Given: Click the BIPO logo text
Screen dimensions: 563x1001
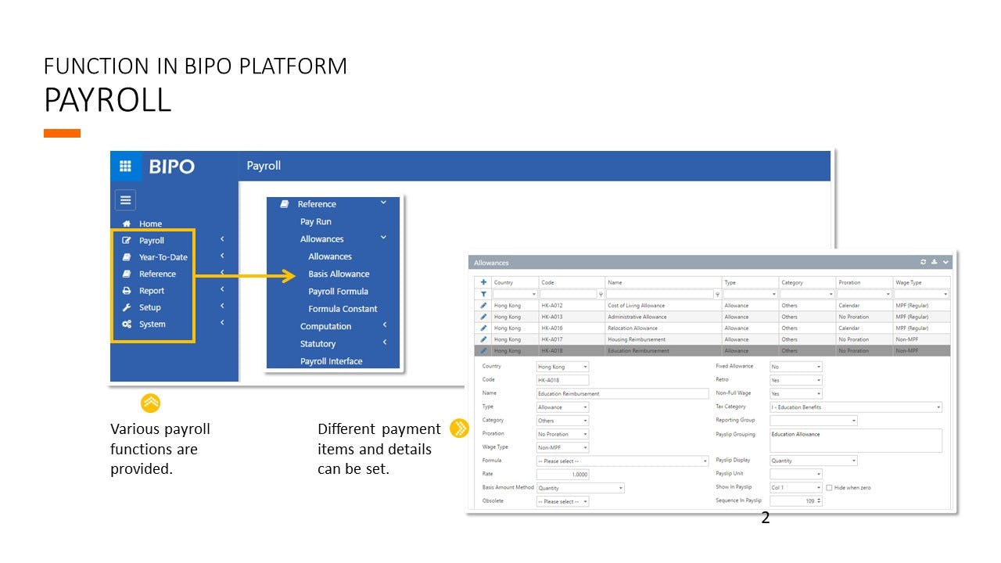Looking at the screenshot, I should [171, 167].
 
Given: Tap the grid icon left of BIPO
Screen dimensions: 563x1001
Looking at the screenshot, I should [125, 167].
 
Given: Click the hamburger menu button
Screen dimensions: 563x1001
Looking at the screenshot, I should [125, 199].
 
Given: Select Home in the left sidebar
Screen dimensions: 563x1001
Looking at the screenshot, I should [150, 224].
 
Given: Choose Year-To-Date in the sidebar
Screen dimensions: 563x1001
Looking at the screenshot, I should [163, 257].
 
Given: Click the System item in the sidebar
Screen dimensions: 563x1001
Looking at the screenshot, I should [152, 325].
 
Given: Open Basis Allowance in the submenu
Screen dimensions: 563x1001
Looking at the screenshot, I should [339, 274].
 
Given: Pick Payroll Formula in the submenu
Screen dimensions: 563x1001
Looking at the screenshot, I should [338, 292].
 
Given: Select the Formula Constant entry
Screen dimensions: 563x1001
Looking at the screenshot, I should [343, 309].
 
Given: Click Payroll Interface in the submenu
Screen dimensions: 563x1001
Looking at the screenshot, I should [331, 361].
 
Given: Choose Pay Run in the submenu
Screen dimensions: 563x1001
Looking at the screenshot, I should [316, 222].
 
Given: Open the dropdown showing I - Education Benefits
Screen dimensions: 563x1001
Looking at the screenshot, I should [856, 407].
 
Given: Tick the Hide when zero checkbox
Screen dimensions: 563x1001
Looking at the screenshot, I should [829, 488].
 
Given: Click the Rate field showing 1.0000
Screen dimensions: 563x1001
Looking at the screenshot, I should [562, 475].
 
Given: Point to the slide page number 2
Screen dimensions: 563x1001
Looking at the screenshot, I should [766, 518].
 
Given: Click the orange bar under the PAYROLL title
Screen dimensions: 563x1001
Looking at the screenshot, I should [62, 134].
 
